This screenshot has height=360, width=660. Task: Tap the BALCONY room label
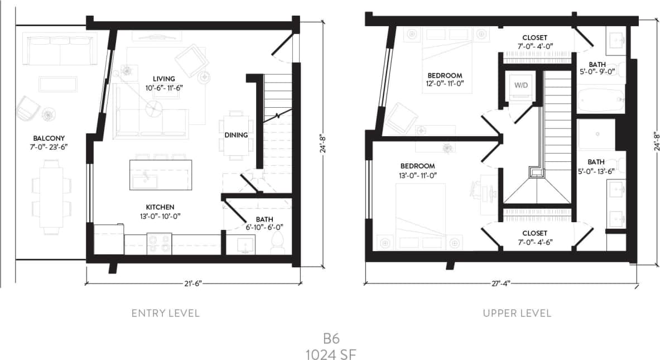pyautogui.click(x=49, y=138)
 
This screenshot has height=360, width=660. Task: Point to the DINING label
pyautogui.click(x=236, y=135)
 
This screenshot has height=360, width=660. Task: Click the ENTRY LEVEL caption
pyautogui.click(x=165, y=313)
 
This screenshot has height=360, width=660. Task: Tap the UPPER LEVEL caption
pyautogui.click(x=517, y=313)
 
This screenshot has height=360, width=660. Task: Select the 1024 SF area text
pyautogui.click(x=331, y=353)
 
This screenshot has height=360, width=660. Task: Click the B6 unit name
pyautogui.click(x=331, y=339)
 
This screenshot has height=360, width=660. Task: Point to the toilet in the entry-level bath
pyautogui.click(x=278, y=243)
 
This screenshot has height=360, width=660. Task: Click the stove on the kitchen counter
pyautogui.click(x=160, y=243)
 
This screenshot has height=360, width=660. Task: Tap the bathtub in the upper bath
pyautogui.click(x=599, y=100)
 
